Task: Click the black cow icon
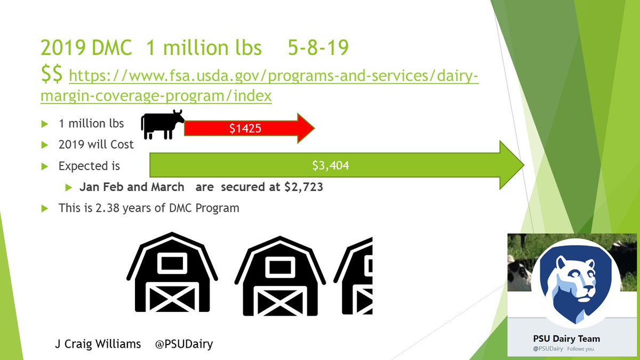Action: pyautogui.click(x=162, y=124)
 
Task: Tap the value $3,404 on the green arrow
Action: pyautogui.click(x=331, y=166)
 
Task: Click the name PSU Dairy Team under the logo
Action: pyautogui.click(x=566, y=339)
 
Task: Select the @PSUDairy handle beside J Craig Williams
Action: pyautogui.click(x=183, y=344)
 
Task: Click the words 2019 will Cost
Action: pyautogui.click(x=96, y=145)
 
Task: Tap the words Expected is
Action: pyautogui.click(x=89, y=166)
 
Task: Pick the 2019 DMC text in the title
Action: pyautogui.click(x=87, y=49)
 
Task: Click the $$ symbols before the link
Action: pyautogui.click(x=53, y=75)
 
